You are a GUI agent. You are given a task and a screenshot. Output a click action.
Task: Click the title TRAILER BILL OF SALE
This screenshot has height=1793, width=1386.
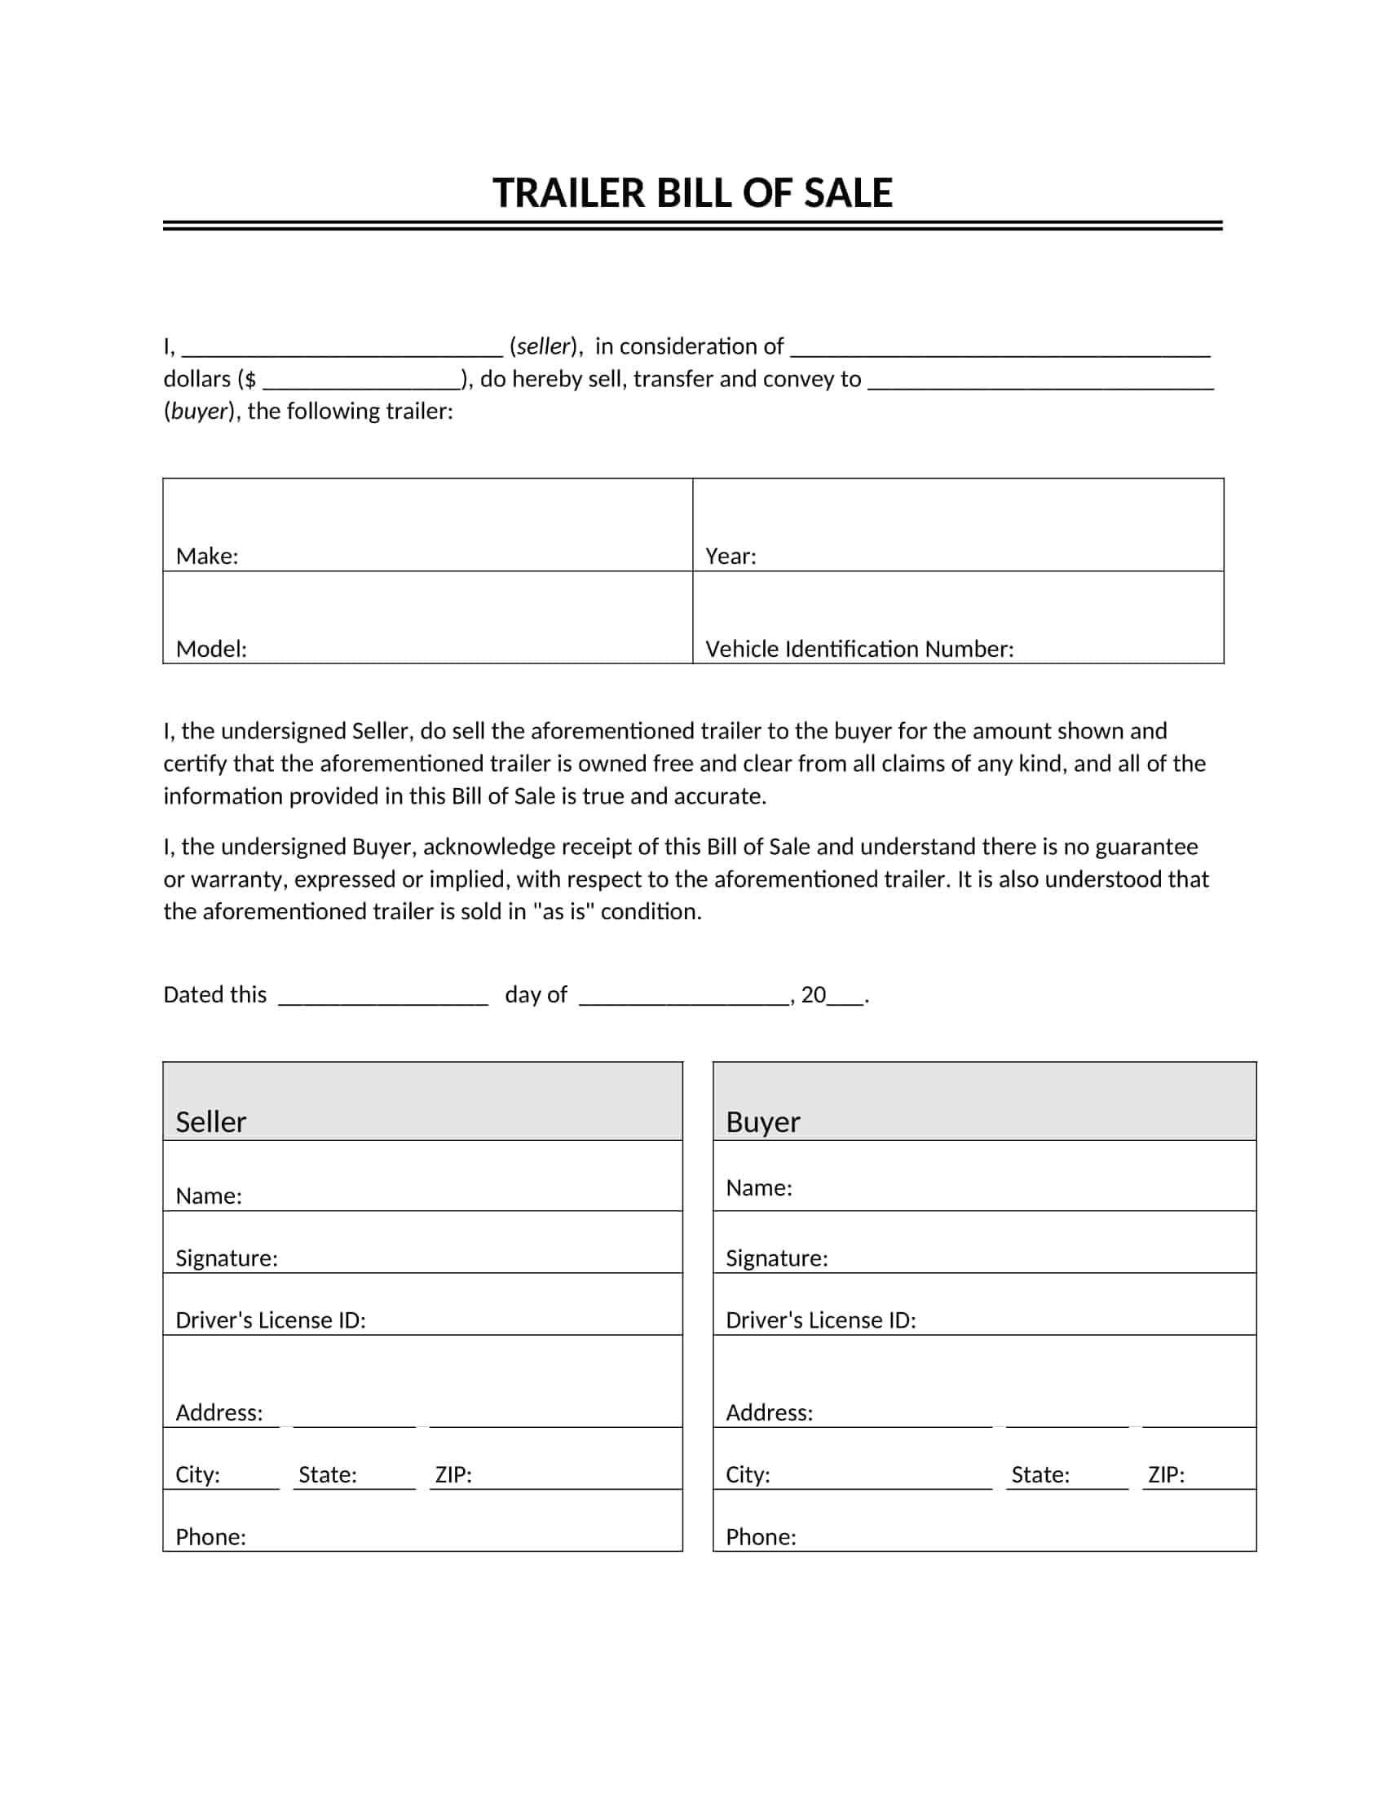[692, 194]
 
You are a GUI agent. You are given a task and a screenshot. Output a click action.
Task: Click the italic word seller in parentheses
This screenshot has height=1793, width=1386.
[544, 346]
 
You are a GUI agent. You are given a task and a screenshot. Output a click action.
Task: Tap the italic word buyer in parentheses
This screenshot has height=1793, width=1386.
[199, 412]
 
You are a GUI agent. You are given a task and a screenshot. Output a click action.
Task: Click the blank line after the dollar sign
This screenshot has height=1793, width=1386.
[362, 381]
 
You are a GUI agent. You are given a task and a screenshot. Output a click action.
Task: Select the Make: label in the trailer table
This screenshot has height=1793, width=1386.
[207, 557]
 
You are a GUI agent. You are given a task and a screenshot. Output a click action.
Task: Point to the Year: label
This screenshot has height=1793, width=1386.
[731, 557]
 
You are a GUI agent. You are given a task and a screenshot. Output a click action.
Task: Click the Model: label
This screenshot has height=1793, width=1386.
[211, 650]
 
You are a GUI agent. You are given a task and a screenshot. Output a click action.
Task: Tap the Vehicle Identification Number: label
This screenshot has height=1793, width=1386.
[859, 650]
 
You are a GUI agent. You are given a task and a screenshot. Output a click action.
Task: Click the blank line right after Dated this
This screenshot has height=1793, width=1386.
[383, 997]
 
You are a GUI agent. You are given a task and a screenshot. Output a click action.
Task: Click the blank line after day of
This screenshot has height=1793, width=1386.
[684, 997]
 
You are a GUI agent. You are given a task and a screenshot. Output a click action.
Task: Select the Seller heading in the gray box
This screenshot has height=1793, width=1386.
[211, 1122]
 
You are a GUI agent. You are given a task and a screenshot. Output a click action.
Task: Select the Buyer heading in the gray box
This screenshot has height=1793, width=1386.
[763, 1122]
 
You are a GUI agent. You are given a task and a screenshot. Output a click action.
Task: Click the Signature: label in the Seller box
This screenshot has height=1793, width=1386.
[227, 1258]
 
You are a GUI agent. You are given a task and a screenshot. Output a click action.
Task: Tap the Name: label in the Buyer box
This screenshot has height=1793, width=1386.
[759, 1188]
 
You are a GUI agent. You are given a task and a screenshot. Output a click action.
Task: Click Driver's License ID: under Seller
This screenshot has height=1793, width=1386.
[270, 1320]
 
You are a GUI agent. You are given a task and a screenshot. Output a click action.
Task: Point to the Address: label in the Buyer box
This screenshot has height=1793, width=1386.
[770, 1413]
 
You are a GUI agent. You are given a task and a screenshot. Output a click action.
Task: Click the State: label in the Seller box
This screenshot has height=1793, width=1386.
[328, 1475]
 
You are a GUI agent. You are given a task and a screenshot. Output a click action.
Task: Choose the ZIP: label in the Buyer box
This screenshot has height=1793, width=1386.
[1166, 1475]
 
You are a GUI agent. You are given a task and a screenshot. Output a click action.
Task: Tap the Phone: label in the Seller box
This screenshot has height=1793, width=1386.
[211, 1537]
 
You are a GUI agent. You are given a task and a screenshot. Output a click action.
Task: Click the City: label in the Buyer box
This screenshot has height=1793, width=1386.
[748, 1475]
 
